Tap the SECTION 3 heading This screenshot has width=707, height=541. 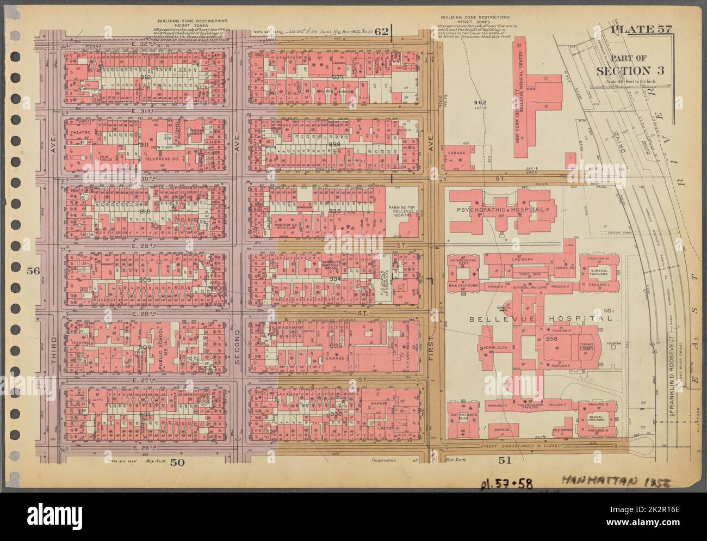(630, 71)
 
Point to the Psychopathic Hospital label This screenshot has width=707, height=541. (500, 210)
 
